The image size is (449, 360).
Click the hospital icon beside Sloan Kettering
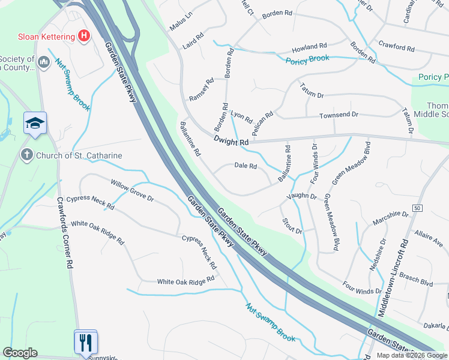tap(84, 36)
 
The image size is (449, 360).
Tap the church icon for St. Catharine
tap(26, 155)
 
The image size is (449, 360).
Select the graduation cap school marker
tap(35, 124)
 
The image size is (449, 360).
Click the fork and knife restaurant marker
tap(85, 342)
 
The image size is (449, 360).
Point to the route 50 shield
tap(418, 208)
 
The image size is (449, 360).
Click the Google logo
tap(20, 353)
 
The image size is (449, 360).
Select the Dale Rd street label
tap(246, 166)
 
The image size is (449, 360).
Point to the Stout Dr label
tap(292, 226)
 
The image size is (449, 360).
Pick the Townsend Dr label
tap(339, 115)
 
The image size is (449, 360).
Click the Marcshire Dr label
tap(390, 214)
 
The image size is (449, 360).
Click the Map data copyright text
tap(411, 355)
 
